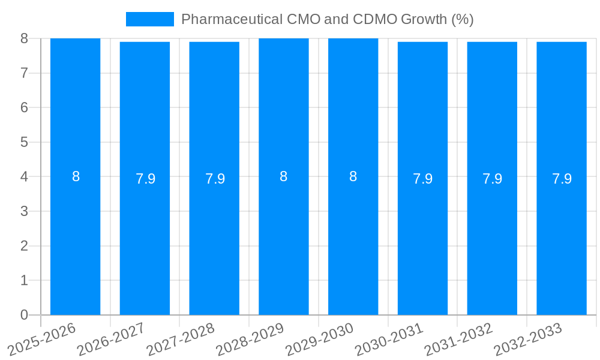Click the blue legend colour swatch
(x=149, y=19)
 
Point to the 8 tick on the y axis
(x=24, y=38)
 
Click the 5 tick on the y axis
(x=24, y=142)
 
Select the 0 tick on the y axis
(x=24, y=315)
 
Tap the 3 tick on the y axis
(x=24, y=211)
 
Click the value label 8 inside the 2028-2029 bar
(x=284, y=177)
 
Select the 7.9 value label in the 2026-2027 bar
(x=145, y=179)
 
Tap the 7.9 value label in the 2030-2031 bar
(x=422, y=179)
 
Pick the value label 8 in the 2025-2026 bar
(x=76, y=177)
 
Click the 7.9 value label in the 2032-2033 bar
(x=562, y=179)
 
